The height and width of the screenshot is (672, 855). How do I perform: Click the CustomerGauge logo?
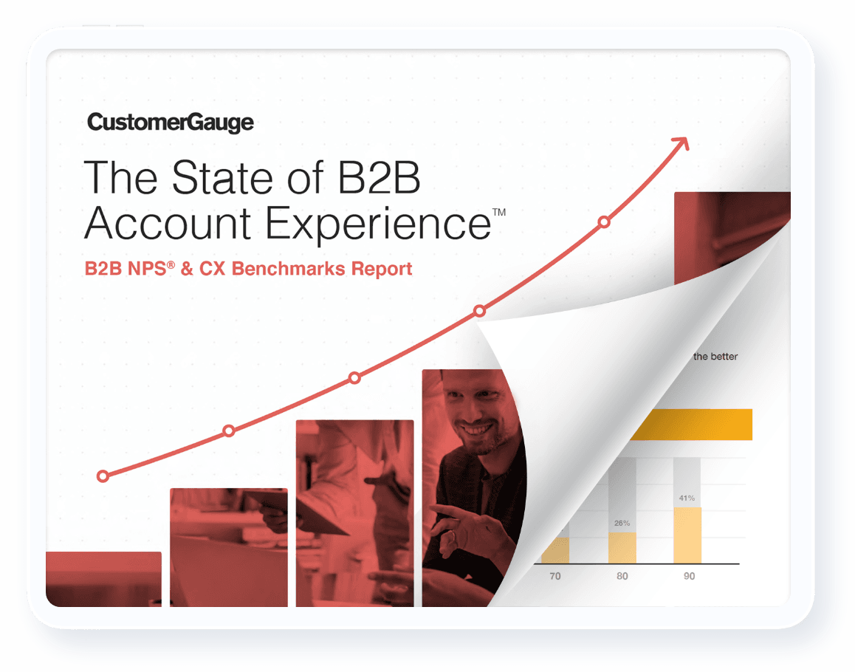click(170, 123)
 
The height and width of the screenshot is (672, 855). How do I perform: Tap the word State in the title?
click(222, 177)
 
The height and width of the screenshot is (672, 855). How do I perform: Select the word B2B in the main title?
click(379, 177)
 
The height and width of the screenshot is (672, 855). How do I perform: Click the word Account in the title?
click(168, 223)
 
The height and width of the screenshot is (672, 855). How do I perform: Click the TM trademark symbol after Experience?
click(499, 212)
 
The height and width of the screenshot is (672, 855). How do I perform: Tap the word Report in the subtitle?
click(382, 270)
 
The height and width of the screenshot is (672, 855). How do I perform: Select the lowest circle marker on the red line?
click(103, 476)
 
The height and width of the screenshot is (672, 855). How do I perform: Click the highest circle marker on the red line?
click(604, 222)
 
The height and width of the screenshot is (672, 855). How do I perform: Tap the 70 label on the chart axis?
click(555, 576)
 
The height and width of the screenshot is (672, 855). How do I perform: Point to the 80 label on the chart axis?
click(622, 576)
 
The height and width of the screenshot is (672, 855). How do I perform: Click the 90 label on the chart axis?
click(689, 576)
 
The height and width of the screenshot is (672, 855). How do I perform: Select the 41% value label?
click(687, 498)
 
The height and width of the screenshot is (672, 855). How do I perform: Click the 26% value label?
click(622, 523)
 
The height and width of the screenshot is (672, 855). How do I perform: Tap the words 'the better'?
click(715, 357)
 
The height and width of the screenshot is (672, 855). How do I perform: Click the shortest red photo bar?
click(103, 579)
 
